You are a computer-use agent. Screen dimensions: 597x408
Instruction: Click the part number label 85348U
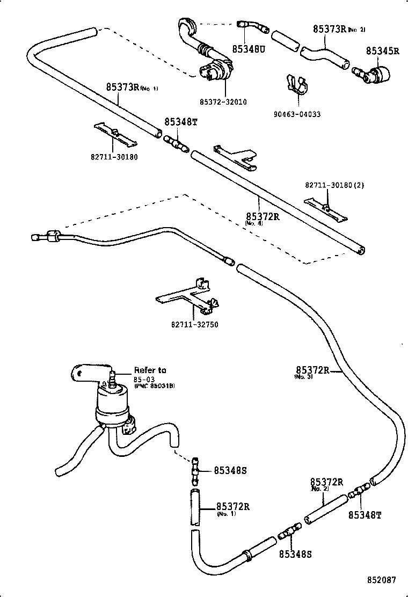pyautogui.click(x=249, y=49)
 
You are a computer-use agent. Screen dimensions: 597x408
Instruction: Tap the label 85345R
pyautogui.click(x=383, y=51)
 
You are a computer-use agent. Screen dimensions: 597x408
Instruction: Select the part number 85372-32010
pyautogui.click(x=223, y=101)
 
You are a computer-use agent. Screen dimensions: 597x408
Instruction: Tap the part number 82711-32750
pyautogui.click(x=195, y=324)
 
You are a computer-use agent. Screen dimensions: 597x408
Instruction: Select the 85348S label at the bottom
pyautogui.click(x=295, y=554)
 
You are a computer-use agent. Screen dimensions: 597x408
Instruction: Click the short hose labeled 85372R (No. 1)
pyautogui.click(x=194, y=506)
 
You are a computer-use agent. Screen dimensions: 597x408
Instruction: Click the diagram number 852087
pyautogui.click(x=382, y=580)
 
